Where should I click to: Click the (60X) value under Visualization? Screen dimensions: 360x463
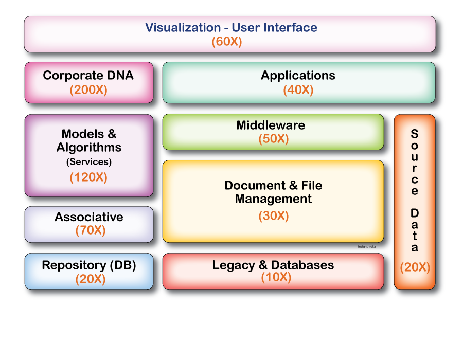click(226, 42)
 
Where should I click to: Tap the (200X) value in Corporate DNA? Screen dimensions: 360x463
click(88, 90)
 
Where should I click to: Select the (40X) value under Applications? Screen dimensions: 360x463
click(298, 90)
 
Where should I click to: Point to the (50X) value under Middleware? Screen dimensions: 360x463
click(273, 139)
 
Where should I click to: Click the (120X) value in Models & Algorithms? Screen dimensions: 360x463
click(88, 177)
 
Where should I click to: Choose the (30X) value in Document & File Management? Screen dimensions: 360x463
click(273, 216)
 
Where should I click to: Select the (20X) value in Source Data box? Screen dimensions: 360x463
click(415, 267)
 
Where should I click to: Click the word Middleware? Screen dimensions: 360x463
click(271, 125)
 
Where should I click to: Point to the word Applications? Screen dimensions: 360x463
click(298, 76)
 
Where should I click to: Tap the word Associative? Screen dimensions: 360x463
click(89, 217)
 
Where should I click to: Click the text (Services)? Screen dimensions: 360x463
click(88, 161)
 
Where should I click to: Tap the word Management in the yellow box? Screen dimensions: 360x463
click(273, 199)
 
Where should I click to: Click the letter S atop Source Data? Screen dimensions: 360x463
click(414, 134)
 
